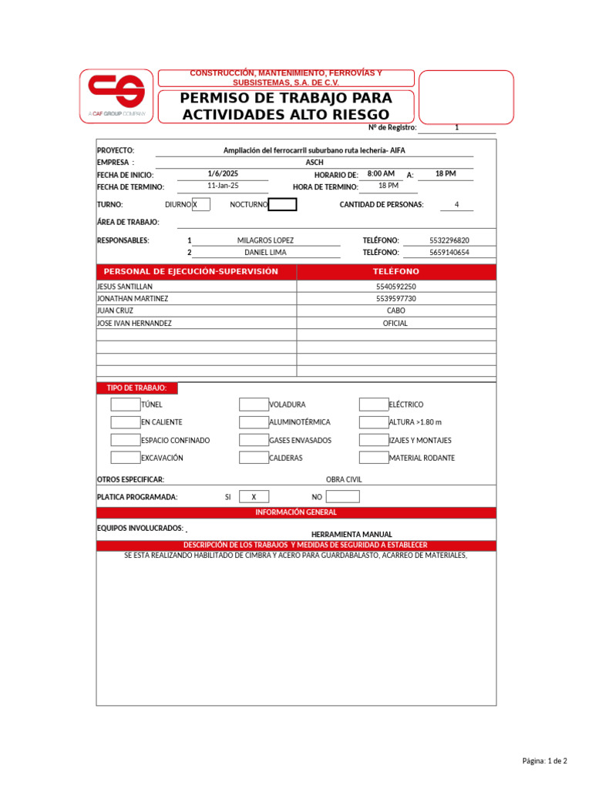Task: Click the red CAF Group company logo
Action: (116, 96)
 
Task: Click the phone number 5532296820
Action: (449, 240)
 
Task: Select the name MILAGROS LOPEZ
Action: (265, 240)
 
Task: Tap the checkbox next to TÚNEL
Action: (125, 405)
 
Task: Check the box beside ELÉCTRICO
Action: (374, 405)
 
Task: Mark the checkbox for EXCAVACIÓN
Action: (125, 458)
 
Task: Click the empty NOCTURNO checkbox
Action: (282, 204)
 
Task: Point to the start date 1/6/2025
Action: (223, 174)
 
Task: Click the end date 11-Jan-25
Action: (223, 186)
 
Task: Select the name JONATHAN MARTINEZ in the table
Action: (133, 298)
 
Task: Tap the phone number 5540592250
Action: (395, 286)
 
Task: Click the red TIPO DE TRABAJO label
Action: (136, 388)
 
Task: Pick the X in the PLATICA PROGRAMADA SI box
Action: (254, 497)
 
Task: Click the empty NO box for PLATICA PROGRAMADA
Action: (343, 497)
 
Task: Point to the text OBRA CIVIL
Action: (344, 479)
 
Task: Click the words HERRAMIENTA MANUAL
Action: (351, 534)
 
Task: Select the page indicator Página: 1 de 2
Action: (544, 761)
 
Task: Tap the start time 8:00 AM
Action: (381, 174)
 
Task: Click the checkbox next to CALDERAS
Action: (254, 458)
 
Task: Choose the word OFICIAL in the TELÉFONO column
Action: (395, 324)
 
